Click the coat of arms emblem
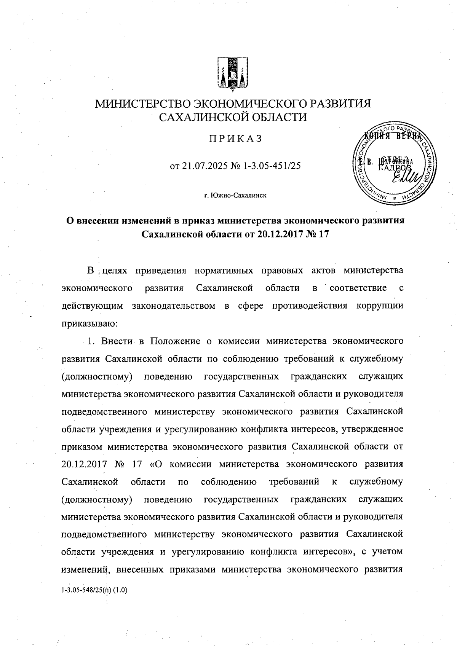coord(232,75)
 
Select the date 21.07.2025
coord(205,166)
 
